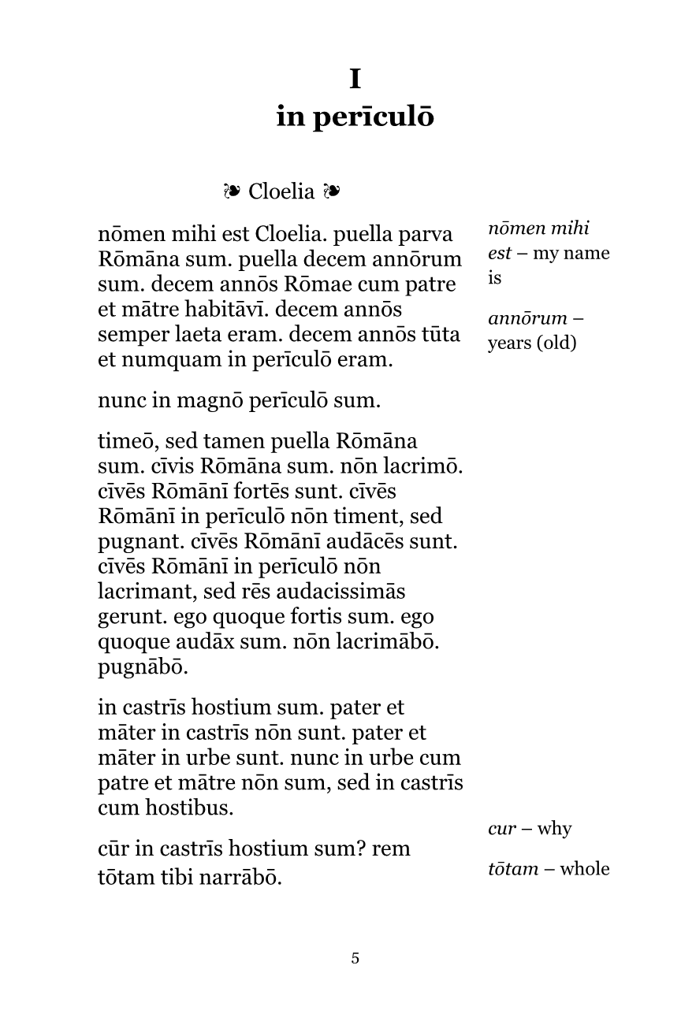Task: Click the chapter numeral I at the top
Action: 355,80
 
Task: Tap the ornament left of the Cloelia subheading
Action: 231,191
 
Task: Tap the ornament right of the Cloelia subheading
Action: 331,191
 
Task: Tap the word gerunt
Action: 128,617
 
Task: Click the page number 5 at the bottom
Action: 355,959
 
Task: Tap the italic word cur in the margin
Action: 501,829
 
